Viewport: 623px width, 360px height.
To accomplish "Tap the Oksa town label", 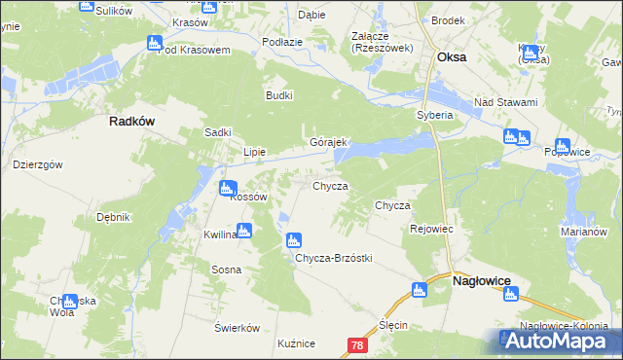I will tap(452, 57).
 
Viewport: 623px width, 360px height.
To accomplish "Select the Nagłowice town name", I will tap(483, 280).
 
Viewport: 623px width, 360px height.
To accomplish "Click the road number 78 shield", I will tap(357, 345).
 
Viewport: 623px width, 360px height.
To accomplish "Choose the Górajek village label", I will tap(328, 142).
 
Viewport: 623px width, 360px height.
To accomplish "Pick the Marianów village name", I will tap(583, 233).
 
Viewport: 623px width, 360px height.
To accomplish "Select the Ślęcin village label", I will tap(392, 325).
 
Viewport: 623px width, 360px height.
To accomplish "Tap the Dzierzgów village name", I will tap(37, 164).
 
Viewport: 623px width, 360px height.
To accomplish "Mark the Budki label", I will tap(279, 95).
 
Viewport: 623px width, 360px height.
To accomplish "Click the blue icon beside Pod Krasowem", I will tap(154, 43).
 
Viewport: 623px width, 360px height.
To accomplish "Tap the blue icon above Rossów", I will tap(227, 188).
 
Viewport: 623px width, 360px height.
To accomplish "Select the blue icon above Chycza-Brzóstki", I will tap(293, 240).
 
